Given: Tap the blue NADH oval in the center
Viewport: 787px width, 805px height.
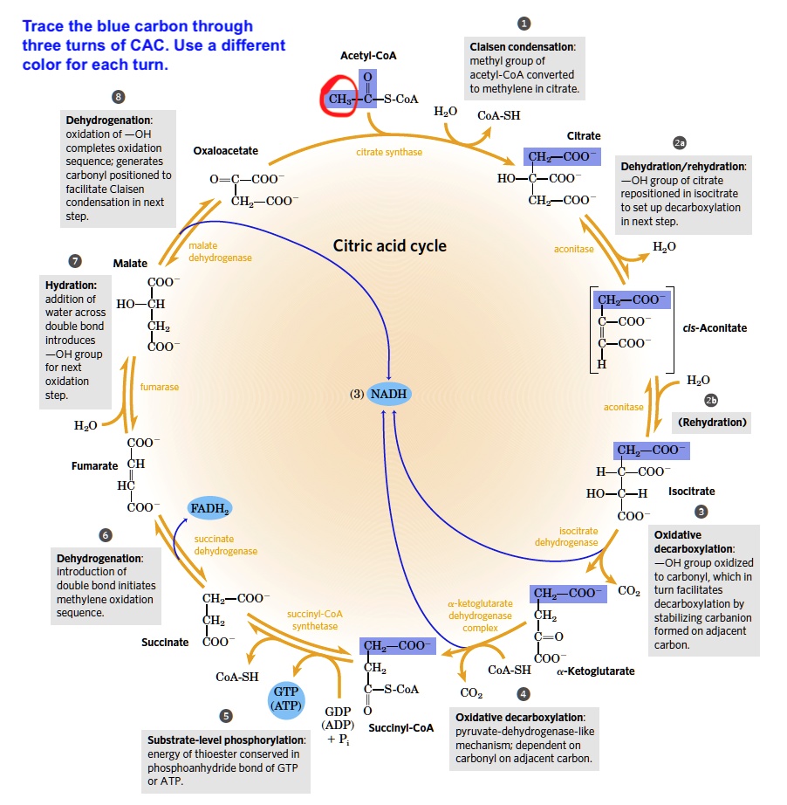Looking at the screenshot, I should pyautogui.click(x=387, y=394).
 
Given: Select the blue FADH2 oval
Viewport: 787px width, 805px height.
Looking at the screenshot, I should pyautogui.click(x=209, y=507).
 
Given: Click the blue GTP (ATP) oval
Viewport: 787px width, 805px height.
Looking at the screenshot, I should pyautogui.click(x=286, y=697).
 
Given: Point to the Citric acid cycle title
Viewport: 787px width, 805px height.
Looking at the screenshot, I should pyautogui.click(x=389, y=245).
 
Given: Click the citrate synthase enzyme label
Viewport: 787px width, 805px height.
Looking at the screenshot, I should pyautogui.click(x=389, y=152).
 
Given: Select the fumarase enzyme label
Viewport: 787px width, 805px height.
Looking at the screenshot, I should pyautogui.click(x=160, y=387).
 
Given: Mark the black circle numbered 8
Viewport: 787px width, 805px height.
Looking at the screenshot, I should pyautogui.click(x=119, y=96).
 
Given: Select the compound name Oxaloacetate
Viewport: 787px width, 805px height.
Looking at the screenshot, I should pyautogui.click(x=226, y=151).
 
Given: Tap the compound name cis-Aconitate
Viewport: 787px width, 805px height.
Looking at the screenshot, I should pyautogui.click(x=715, y=327).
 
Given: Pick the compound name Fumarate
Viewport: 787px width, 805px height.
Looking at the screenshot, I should pyautogui.click(x=94, y=465).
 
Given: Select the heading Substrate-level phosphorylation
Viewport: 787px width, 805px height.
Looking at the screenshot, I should pyautogui.click(x=225, y=740).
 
